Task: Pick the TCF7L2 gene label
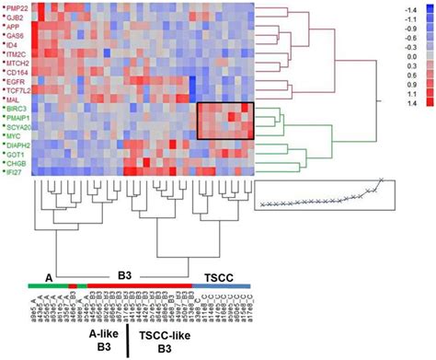click(19, 90)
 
